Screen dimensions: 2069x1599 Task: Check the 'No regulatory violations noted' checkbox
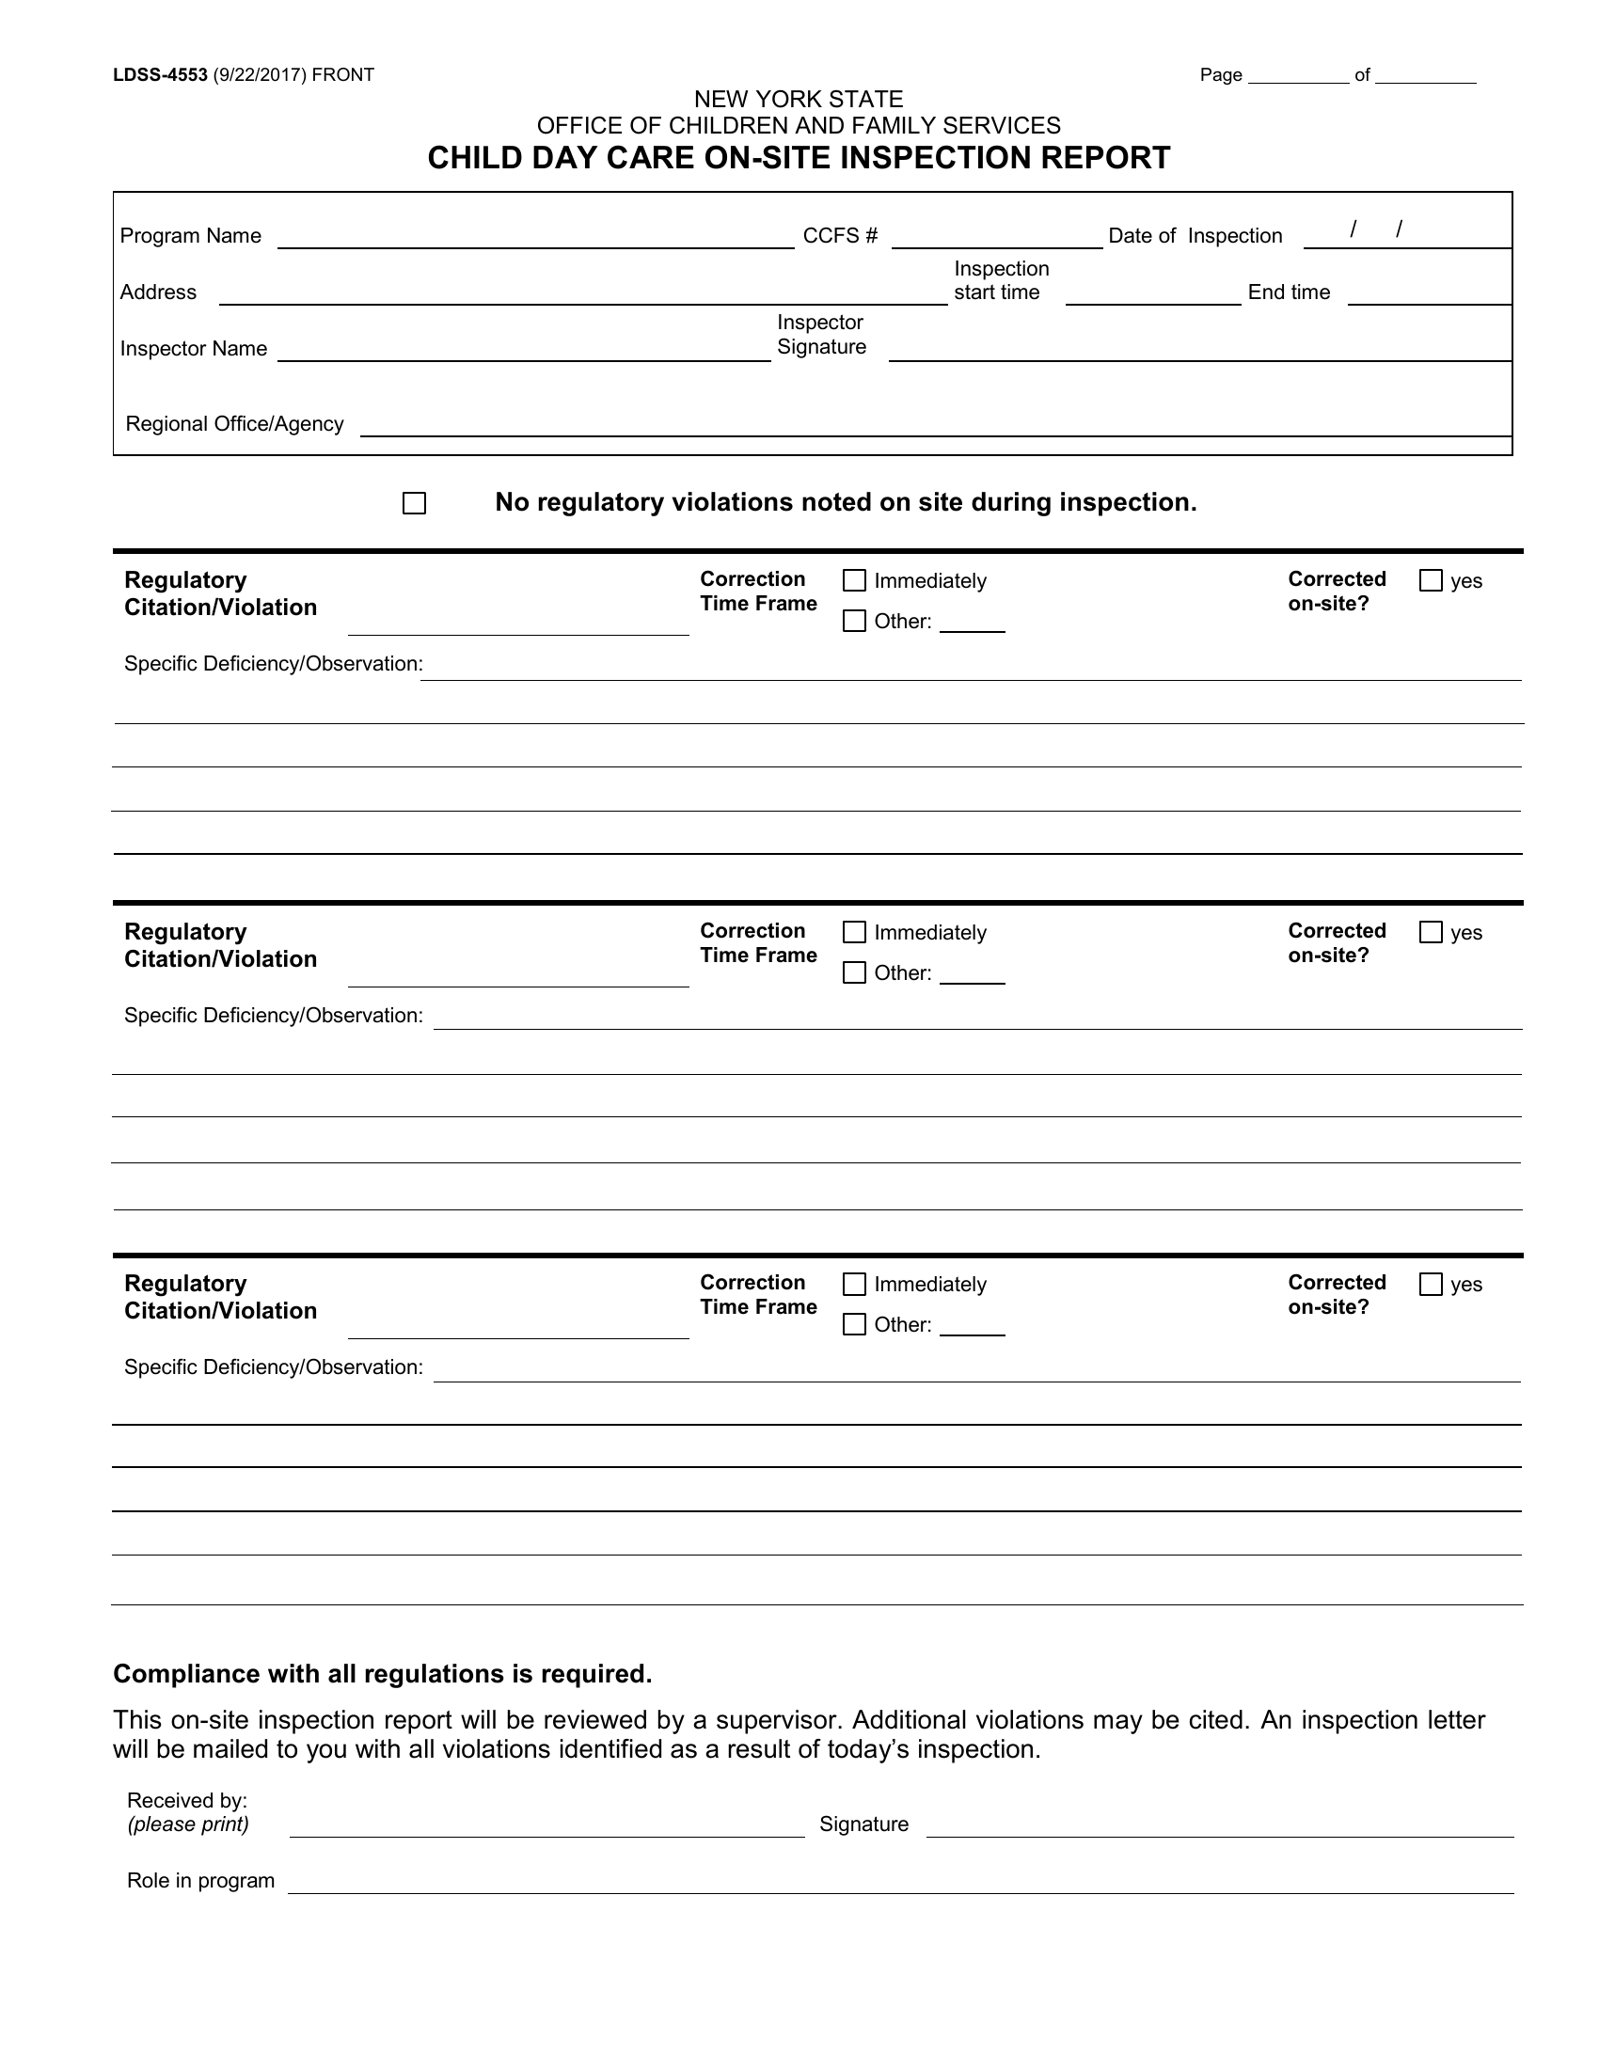(x=414, y=503)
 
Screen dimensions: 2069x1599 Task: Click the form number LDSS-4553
(x=159, y=75)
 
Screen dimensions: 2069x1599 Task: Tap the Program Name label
(x=190, y=236)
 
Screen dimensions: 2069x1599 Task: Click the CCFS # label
(x=840, y=236)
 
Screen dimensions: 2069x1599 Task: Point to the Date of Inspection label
(x=1195, y=236)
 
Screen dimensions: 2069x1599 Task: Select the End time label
(x=1289, y=292)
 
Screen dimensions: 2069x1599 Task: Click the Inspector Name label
(x=193, y=349)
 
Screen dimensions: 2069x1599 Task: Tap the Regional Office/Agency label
(x=234, y=423)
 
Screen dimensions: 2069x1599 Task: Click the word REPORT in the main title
(x=1104, y=157)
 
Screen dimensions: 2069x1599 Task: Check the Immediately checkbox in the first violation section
(x=854, y=580)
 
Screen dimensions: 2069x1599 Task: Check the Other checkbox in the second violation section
(x=854, y=973)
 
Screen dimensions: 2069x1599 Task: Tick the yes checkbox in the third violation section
(x=1431, y=1285)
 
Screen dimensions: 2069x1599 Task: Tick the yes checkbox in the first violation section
(x=1431, y=580)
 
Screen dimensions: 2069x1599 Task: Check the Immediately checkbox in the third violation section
(x=854, y=1285)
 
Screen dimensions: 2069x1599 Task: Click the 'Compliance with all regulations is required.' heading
(x=383, y=1674)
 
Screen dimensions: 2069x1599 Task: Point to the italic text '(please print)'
(x=188, y=1824)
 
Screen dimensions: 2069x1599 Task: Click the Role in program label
(x=201, y=1881)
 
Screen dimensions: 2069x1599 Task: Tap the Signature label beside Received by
(x=863, y=1824)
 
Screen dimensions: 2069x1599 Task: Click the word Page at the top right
(x=1221, y=75)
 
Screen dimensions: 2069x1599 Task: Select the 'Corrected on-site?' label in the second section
(x=1336, y=942)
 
